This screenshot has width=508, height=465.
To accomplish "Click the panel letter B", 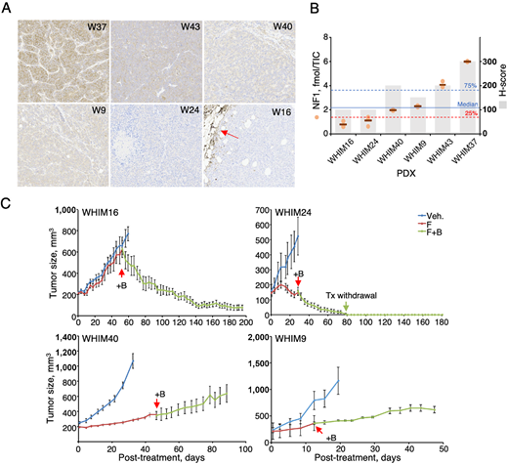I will coord(312,9).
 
